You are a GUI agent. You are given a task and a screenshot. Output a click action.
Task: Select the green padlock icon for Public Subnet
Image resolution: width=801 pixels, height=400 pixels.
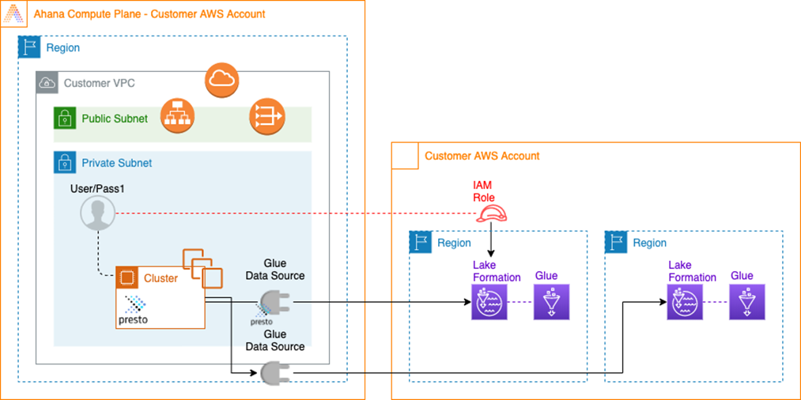pyautogui.click(x=64, y=119)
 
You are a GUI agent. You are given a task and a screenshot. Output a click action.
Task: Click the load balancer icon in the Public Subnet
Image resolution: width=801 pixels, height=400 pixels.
pyautogui.click(x=177, y=115)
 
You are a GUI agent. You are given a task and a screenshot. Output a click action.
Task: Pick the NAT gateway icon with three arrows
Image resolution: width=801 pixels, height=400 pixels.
pyautogui.click(x=266, y=117)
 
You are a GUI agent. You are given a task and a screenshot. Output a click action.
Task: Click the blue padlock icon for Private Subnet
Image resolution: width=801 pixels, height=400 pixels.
pyautogui.click(x=64, y=163)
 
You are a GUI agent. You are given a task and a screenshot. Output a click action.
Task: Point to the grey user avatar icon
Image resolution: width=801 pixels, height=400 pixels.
pyautogui.click(x=98, y=213)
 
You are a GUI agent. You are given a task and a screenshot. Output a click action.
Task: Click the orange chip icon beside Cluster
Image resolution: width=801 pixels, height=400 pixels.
pyautogui.click(x=127, y=278)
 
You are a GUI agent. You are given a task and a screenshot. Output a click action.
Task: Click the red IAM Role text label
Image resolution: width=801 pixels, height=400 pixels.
pyautogui.click(x=482, y=191)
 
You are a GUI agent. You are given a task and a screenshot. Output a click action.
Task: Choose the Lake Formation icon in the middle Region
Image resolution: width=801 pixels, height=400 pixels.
pyautogui.click(x=489, y=302)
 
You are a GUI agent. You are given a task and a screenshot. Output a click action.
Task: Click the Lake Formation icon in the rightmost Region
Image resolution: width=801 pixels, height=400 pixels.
pyautogui.click(x=684, y=302)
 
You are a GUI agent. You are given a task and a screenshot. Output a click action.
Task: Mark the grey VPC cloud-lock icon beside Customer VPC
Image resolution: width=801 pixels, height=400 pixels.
pyautogui.click(x=47, y=82)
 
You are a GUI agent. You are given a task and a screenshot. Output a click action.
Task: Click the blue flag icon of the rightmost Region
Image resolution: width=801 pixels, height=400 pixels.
pyautogui.click(x=616, y=243)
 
